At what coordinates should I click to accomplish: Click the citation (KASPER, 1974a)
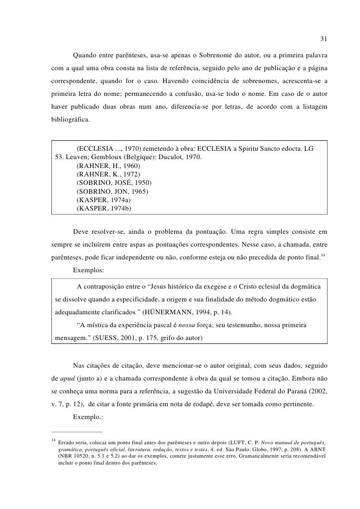pos(104,200)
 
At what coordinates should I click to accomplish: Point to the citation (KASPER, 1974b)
pos(104,209)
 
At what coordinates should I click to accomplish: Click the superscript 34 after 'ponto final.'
pos(322,254)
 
